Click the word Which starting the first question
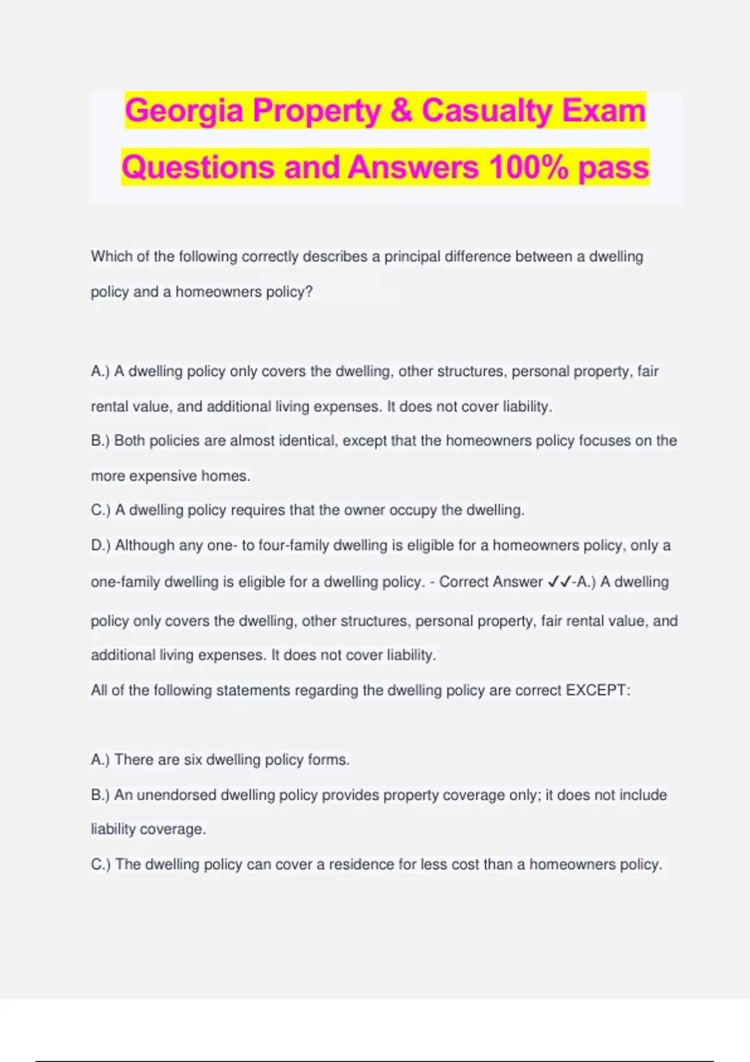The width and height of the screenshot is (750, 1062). point(111,257)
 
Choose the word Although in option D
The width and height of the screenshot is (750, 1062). point(145,545)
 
